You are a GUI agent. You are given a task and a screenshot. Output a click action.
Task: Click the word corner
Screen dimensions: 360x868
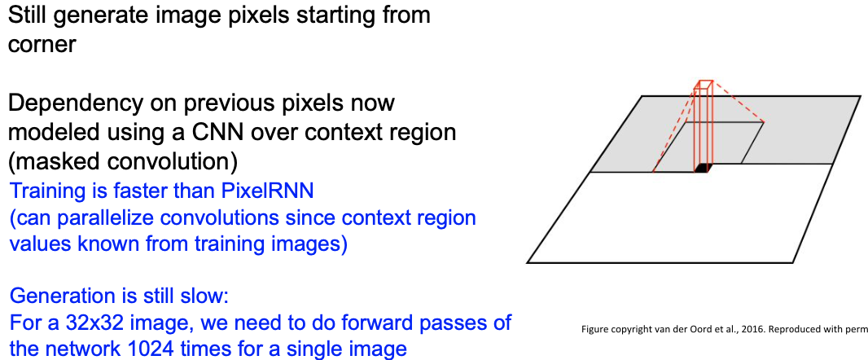coord(42,44)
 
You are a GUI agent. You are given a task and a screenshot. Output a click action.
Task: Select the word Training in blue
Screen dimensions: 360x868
coord(46,194)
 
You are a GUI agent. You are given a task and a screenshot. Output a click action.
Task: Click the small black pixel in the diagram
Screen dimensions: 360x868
coord(703,168)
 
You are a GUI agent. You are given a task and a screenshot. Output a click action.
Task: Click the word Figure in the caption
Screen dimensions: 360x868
coord(598,329)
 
